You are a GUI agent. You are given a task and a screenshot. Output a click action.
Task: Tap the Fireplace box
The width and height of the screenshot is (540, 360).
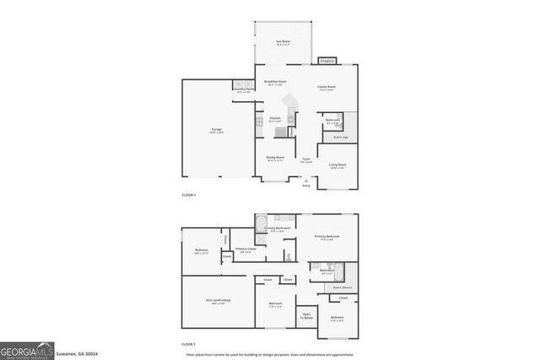327,61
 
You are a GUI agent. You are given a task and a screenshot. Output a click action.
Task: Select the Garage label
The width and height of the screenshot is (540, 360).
217,130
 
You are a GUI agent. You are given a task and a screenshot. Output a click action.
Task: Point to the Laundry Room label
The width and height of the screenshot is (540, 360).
243,90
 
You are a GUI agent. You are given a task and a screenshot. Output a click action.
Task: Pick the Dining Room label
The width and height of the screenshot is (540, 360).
276,158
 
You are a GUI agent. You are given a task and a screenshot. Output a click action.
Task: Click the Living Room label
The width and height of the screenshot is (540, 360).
337,165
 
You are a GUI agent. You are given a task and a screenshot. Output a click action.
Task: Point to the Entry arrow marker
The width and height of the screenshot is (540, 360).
305,180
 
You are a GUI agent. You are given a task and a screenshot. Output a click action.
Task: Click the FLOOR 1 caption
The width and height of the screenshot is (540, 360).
189,195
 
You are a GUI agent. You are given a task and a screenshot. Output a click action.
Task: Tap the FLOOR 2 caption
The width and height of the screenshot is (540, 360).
189,343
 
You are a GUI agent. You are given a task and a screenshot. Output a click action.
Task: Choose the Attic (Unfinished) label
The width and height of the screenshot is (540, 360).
218,301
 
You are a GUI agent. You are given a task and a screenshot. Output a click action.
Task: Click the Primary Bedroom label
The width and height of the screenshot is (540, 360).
327,237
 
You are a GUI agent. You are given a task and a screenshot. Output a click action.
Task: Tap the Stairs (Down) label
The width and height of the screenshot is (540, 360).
341,287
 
